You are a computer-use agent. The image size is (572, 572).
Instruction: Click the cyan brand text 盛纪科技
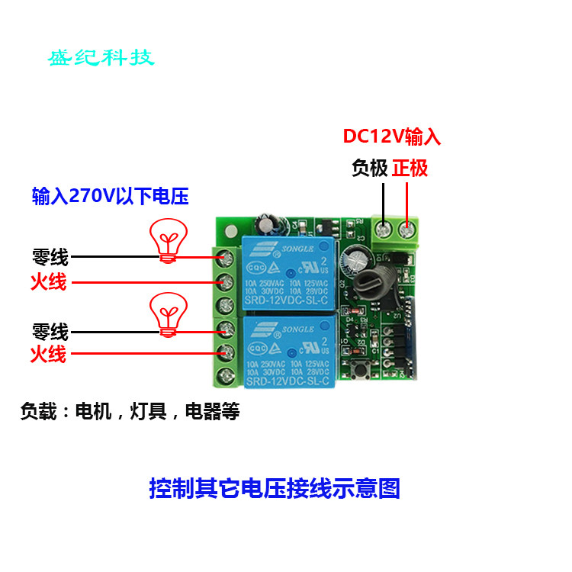[101, 58]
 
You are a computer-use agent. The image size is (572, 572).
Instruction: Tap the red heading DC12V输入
[391, 137]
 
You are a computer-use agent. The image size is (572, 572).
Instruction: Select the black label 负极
[370, 168]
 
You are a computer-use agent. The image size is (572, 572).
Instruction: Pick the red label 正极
[410, 168]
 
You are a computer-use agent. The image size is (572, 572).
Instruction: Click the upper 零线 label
[50, 258]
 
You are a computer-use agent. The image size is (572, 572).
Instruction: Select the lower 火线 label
[48, 354]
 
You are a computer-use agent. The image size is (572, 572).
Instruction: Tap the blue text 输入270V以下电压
[110, 197]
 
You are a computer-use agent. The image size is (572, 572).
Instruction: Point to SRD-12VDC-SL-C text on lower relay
[288, 380]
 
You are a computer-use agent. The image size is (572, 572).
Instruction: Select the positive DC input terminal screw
[407, 227]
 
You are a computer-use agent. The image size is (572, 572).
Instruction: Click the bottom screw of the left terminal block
[226, 374]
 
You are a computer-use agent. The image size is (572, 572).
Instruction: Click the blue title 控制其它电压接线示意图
[275, 488]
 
